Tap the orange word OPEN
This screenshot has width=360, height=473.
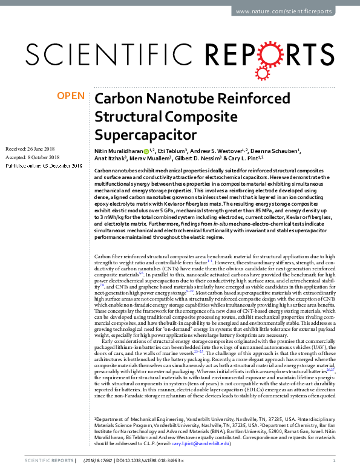coord(71,96)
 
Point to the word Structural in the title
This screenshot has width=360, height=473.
coord(127,116)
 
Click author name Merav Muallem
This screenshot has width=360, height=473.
coord(151,158)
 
